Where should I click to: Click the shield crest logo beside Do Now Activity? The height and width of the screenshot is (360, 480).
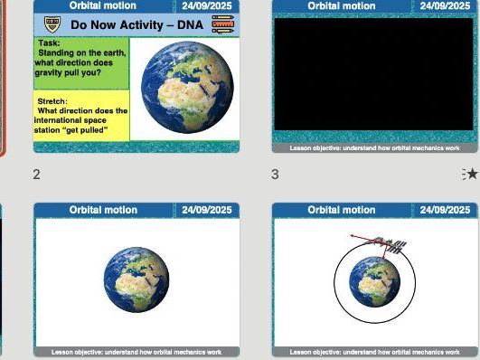pyautogui.click(x=51, y=24)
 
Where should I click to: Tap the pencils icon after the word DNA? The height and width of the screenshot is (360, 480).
pyautogui.click(x=222, y=24)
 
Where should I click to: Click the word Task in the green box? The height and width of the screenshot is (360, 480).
pyautogui.click(x=51, y=43)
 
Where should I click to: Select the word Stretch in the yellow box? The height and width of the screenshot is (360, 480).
pyautogui.click(x=52, y=101)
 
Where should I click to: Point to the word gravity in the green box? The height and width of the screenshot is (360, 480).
pyautogui.click(x=52, y=72)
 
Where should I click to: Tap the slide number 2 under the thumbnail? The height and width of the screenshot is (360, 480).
pyautogui.click(x=36, y=174)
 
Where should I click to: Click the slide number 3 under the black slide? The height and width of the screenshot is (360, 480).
pyautogui.click(x=275, y=174)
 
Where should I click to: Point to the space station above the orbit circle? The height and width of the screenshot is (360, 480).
pyautogui.click(x=395, y=244)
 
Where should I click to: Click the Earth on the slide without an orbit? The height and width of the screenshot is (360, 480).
pyautogui.click(x=136, y=279)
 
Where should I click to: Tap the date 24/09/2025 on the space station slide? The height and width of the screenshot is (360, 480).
pyautogui.click(x=445, y=210)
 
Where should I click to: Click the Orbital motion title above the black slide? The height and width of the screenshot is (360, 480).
pyautogui.click(x=342, y=5)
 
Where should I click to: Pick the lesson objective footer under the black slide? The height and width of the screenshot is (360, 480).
pyautogui.click(x=374, y=147)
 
